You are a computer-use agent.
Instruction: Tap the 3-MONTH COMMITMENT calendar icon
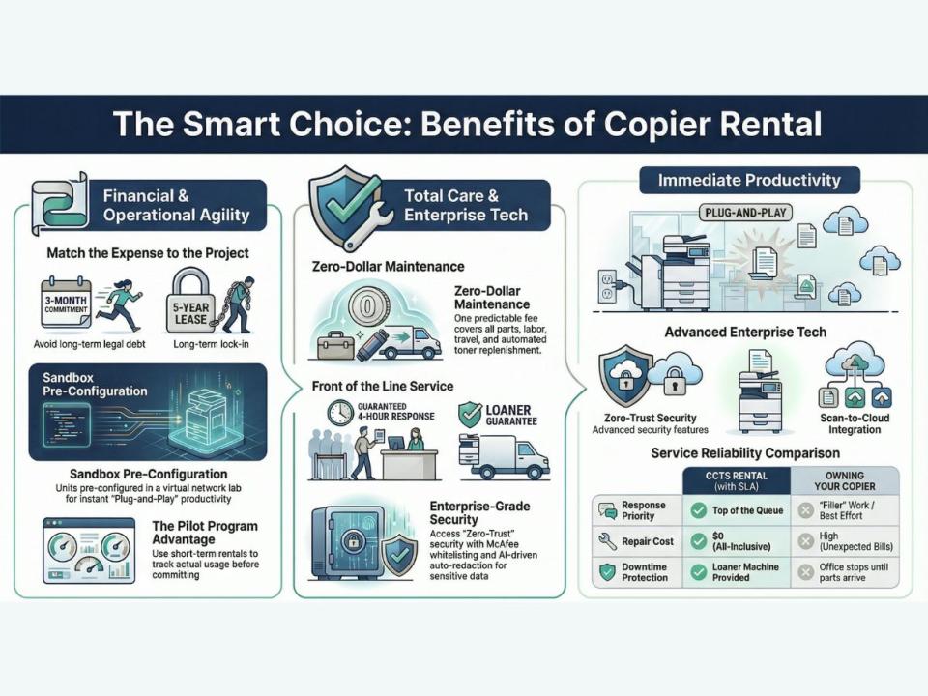[x=67, y=303]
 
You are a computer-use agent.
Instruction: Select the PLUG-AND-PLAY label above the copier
[x=745, y=212]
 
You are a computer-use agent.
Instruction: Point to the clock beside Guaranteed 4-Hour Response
[x=339, y=413]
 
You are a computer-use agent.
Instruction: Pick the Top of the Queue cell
[x=737, y=510]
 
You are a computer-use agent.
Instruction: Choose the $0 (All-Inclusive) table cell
[x=737, y=541]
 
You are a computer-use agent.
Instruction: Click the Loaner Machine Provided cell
[x=737, y=571]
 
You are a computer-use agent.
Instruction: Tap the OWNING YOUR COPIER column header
[x=845, y=480]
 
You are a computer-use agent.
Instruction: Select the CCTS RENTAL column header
[x=737, y=480]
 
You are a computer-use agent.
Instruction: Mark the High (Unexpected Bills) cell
[x=845, y=541]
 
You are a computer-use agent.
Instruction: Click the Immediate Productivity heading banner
[x=749, y=180]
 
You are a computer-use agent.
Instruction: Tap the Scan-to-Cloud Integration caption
[x=855, y=423]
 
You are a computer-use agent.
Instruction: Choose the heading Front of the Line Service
[x=383, y=387]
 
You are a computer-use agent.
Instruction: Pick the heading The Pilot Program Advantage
[x=205, y=533]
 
